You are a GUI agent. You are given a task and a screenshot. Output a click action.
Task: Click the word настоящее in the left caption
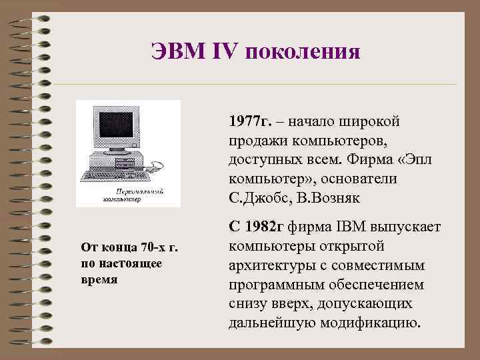point(137,263)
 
